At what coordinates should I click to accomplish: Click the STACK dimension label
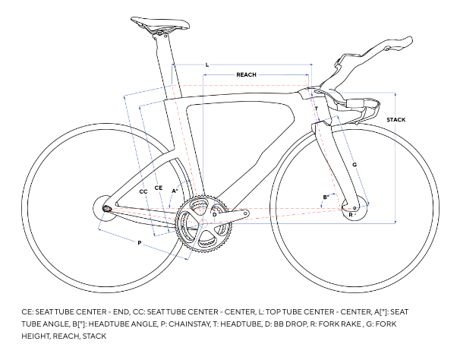395,120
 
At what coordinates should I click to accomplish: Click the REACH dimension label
246,74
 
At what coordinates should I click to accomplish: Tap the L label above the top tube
206,65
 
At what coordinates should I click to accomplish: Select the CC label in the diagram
143,192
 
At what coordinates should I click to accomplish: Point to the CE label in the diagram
159,186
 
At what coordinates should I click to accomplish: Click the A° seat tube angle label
175,190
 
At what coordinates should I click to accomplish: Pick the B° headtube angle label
326,197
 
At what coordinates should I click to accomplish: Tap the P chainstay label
140,243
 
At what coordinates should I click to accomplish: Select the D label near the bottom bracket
214,215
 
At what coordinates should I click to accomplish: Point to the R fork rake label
350,215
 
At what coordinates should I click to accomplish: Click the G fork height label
354,164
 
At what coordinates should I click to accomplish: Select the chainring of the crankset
203,226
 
